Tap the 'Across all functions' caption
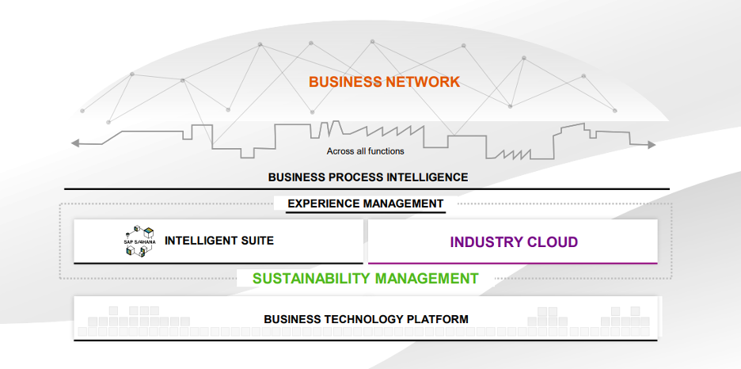(365, 150)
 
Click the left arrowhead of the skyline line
(74, 143)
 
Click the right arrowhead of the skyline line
(652, 145)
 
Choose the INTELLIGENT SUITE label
(219, 240)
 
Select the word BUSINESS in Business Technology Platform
(290, 319)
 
